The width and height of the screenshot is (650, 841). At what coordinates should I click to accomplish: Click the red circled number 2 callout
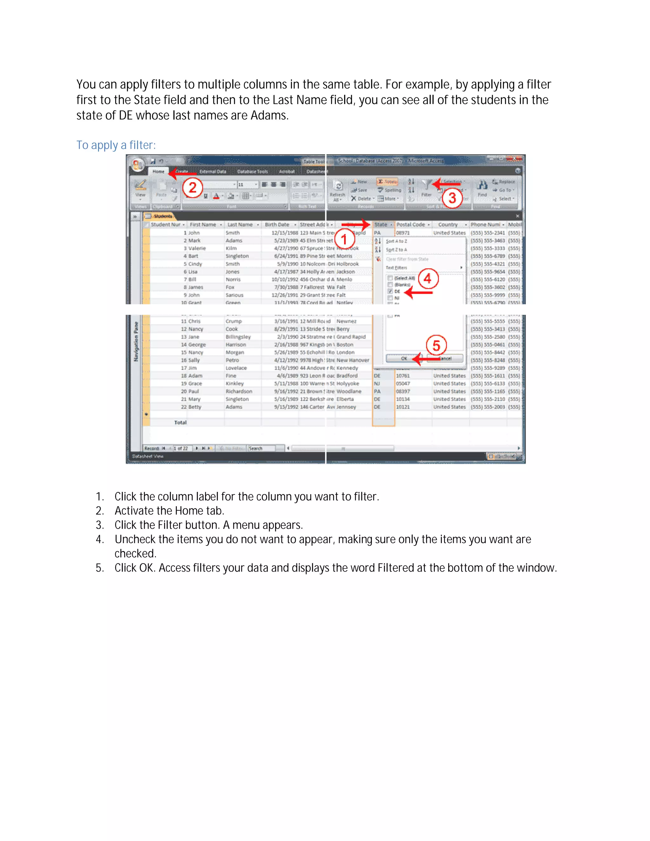pos(192,188)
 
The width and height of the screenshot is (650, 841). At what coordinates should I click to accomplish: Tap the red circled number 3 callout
pos(452,198)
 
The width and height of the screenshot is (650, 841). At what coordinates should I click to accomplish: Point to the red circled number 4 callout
pos(428,278)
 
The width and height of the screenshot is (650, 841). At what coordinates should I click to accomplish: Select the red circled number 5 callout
pos(436,345)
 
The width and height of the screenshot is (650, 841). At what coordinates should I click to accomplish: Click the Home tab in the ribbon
pos(158,171)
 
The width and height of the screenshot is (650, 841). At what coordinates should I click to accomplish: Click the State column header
pos(381,224)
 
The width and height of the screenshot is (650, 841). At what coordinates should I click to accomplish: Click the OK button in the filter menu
pos(404,359)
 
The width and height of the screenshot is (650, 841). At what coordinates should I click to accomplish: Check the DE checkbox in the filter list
pos(390,292)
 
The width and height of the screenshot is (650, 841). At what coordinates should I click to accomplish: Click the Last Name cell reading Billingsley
pos(238,337)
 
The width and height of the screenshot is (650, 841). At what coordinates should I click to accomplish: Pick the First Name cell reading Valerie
pos(197,248)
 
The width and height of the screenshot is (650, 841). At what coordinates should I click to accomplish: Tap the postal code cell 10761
pos(403,376)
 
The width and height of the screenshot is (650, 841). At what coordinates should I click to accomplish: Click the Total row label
pos(180,422)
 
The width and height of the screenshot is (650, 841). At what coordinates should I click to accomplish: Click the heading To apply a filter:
pos(116,145)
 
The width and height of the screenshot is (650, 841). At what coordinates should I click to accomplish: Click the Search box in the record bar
pos(261,448)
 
